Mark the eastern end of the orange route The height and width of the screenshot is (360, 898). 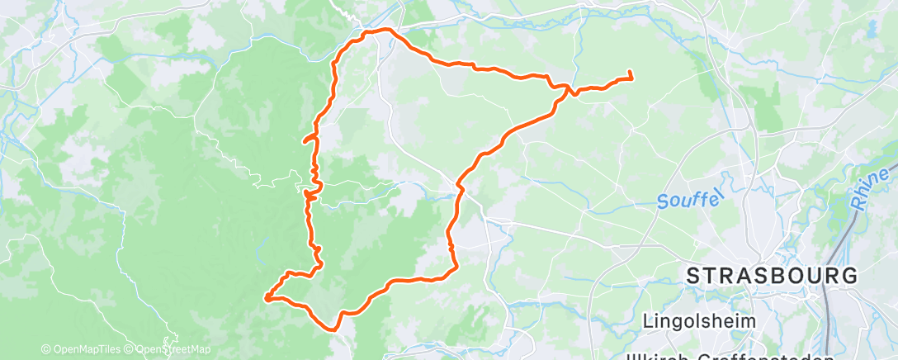coord(631,77)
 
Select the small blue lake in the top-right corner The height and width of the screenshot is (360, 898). coord(872,29)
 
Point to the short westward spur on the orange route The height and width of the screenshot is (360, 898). coord(307,140)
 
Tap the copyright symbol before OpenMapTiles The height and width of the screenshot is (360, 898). coord(45,349)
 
